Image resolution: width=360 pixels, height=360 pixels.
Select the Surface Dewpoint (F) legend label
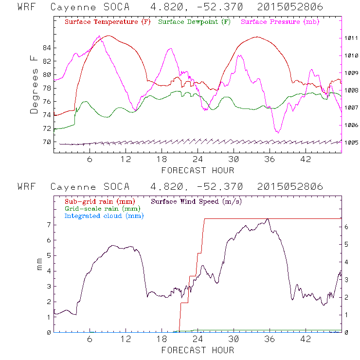pyautogui.click(x=195, y=22)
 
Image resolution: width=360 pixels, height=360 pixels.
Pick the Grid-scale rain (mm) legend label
pyautogui.click(x=97, y=208)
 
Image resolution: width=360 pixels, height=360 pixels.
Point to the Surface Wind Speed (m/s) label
pyautogui.click(x=197, y=201)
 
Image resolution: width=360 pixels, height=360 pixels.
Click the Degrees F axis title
pyautogui.click(x=34, y=84)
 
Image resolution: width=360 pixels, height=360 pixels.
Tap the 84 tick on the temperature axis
pyautogui.click(x=47, y=48)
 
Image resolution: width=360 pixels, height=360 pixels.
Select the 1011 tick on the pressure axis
pyautogui.click(x=351, y=38)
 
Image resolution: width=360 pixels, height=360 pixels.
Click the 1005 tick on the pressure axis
pyautogui.click(x=351, y=143)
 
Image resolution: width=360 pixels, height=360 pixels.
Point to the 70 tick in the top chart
pyautogui.click(x=47, y=142)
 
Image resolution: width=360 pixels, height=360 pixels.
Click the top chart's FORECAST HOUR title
pyautogui.click(x=198, y=170)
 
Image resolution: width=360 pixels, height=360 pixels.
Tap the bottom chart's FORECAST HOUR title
pyautogui.click(x=198, y=350)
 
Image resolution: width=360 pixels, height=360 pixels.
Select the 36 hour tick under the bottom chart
pyautogui.click(x=270, y=339)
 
